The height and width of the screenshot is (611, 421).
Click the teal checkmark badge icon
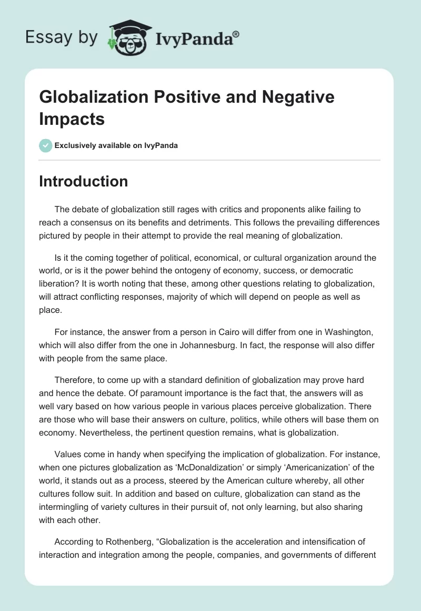pyautogui.click(x=46, y=145)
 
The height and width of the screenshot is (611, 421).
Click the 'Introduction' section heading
pyautogui.click(x=84, y=181)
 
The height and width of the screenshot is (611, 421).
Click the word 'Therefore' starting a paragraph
pyautogui.click(x=76, y=380)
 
